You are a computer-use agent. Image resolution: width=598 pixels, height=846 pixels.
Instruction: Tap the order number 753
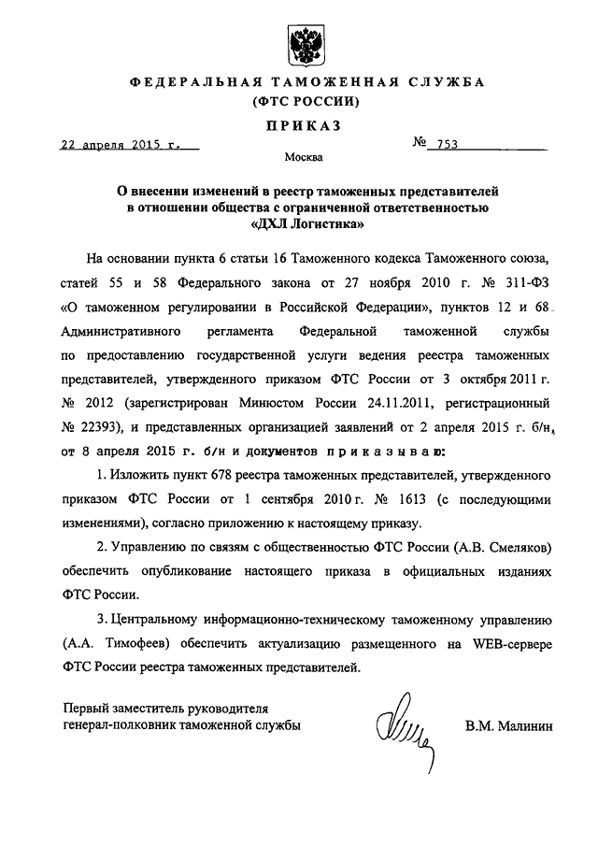(443, 146)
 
